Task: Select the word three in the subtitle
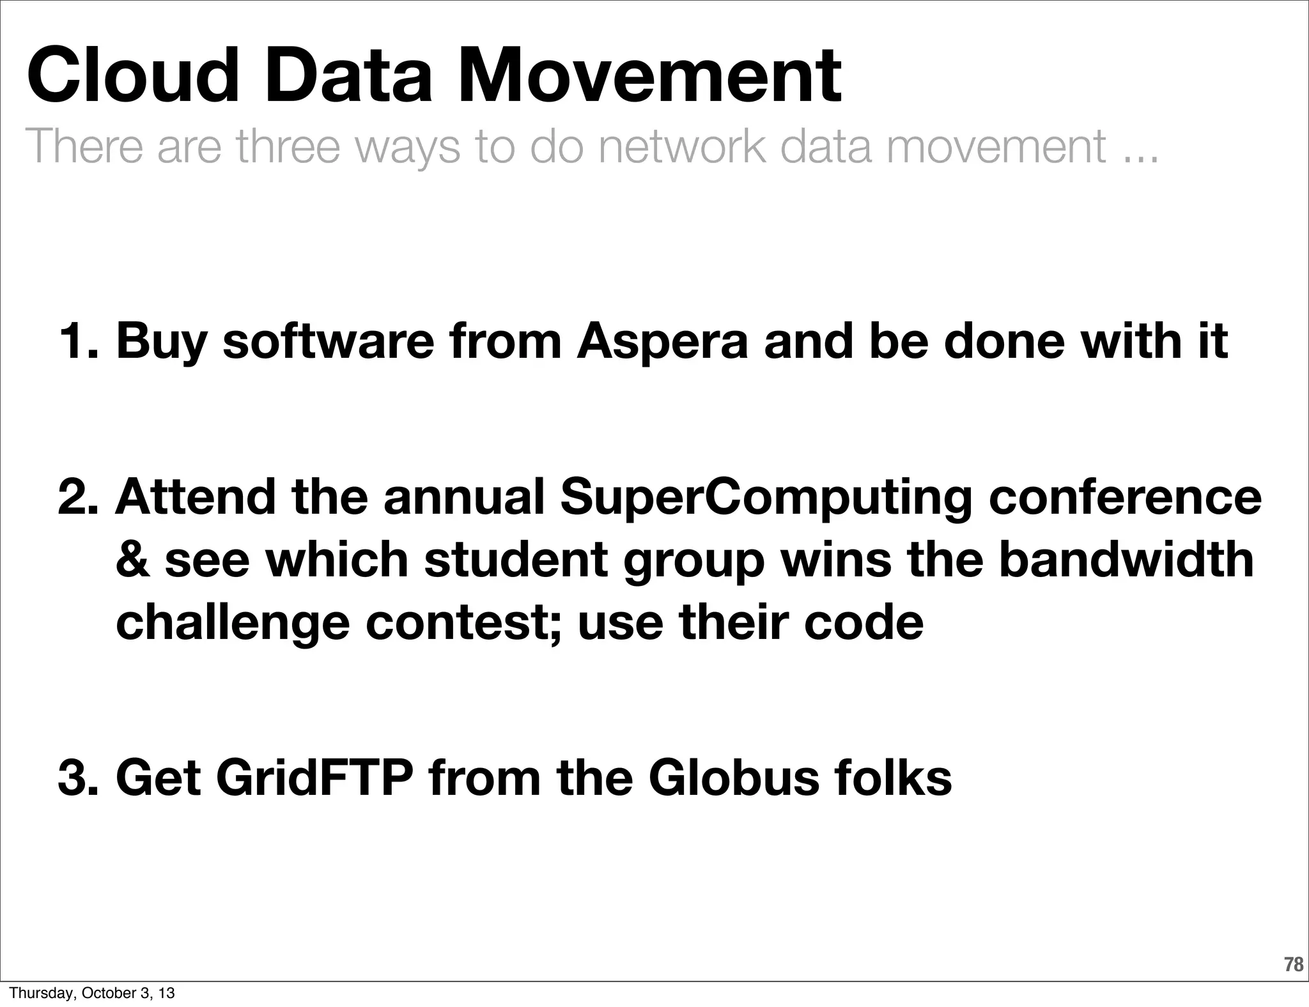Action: [x=287, y=146]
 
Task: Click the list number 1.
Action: [x=76, y=342]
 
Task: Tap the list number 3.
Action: [x=77, y=779]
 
